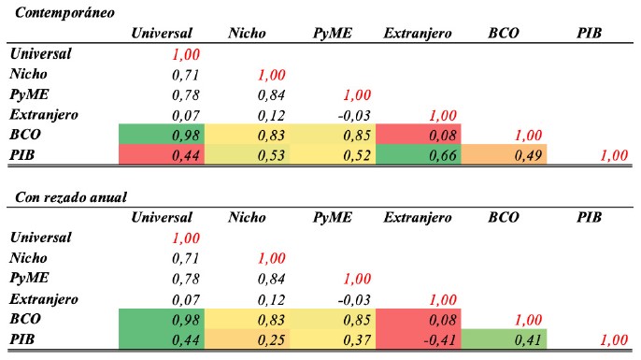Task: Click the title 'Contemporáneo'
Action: [x=64, y=13]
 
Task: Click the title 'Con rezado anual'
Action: [x=71, y=197]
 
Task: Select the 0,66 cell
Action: [x=419, y=155]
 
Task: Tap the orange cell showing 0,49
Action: [x=504, y=154]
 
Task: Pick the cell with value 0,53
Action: [x=247, y=155]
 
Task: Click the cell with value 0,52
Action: [x=333, y=155]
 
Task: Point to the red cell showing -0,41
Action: [x=419, y=339]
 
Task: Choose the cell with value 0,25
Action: [x=247, y=339]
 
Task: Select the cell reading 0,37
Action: [x=333, y=339]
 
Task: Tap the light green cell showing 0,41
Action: [x=504, y=339]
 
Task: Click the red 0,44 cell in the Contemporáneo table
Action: [x=162, y=155]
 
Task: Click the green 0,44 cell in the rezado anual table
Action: [x=162, y=339]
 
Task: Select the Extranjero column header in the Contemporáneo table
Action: [x=418, y=34]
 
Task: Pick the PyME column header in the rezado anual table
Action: [x=332, y=217]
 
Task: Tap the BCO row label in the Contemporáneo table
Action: [x=25, y=135]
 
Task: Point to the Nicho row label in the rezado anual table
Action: [x=28, y=258]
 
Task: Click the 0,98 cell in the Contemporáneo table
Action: [x=162, y=135]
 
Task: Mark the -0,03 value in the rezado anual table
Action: [x=354, y=300]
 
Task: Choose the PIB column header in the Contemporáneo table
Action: [x=589, y=33]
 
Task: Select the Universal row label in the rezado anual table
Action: [x=40, y=238]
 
